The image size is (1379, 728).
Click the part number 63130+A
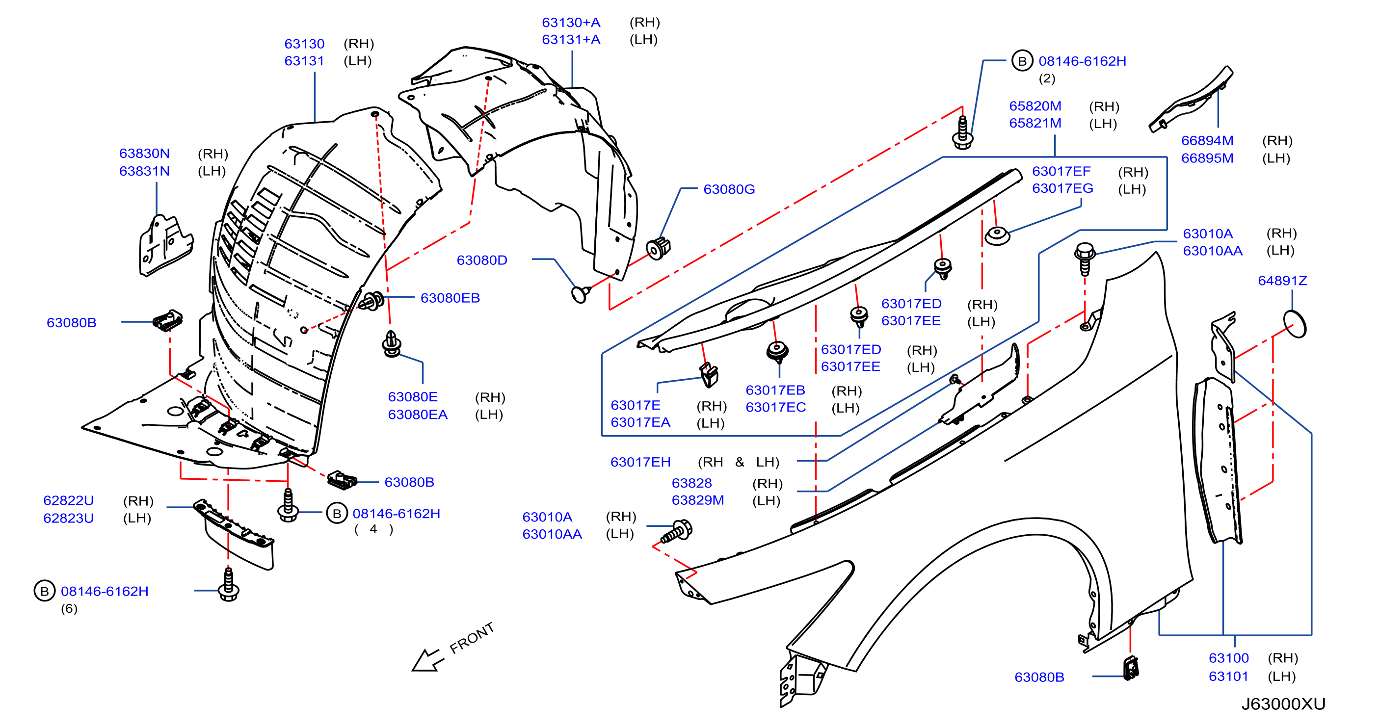[571, 23]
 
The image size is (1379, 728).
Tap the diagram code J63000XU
[1283, 703]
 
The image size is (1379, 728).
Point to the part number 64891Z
[1282, 281]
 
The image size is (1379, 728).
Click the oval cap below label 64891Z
[1295, 324]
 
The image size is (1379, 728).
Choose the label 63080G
[729, 189]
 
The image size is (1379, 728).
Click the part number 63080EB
[450, 298]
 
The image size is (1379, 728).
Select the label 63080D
[482, 260]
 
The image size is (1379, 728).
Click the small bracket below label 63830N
[165, 246]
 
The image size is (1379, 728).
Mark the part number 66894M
[1207, 141]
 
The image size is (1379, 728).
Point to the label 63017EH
[640, 462]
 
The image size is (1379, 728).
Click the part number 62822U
[69, 500]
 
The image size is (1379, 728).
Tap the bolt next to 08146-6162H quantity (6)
[229, 585]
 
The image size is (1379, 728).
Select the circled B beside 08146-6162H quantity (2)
[1022, 61]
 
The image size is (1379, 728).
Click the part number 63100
[1228, 658]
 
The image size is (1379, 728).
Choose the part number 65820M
[1035, 106]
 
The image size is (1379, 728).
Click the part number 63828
[691, 483]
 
